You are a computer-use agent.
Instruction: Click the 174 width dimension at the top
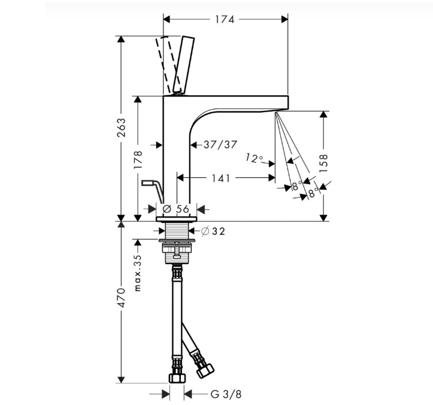[225, 20]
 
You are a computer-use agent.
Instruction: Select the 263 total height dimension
[121, 128]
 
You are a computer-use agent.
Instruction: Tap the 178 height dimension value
[138, 160]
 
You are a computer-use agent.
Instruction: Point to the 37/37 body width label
[220, 144]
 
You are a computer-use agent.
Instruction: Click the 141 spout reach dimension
[221, 179]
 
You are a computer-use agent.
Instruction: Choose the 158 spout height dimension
[323, 164]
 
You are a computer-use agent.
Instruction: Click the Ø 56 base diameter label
[175, 209]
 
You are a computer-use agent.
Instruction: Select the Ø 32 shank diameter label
[213, 231]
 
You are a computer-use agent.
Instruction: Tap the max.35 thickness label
[138, 273]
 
